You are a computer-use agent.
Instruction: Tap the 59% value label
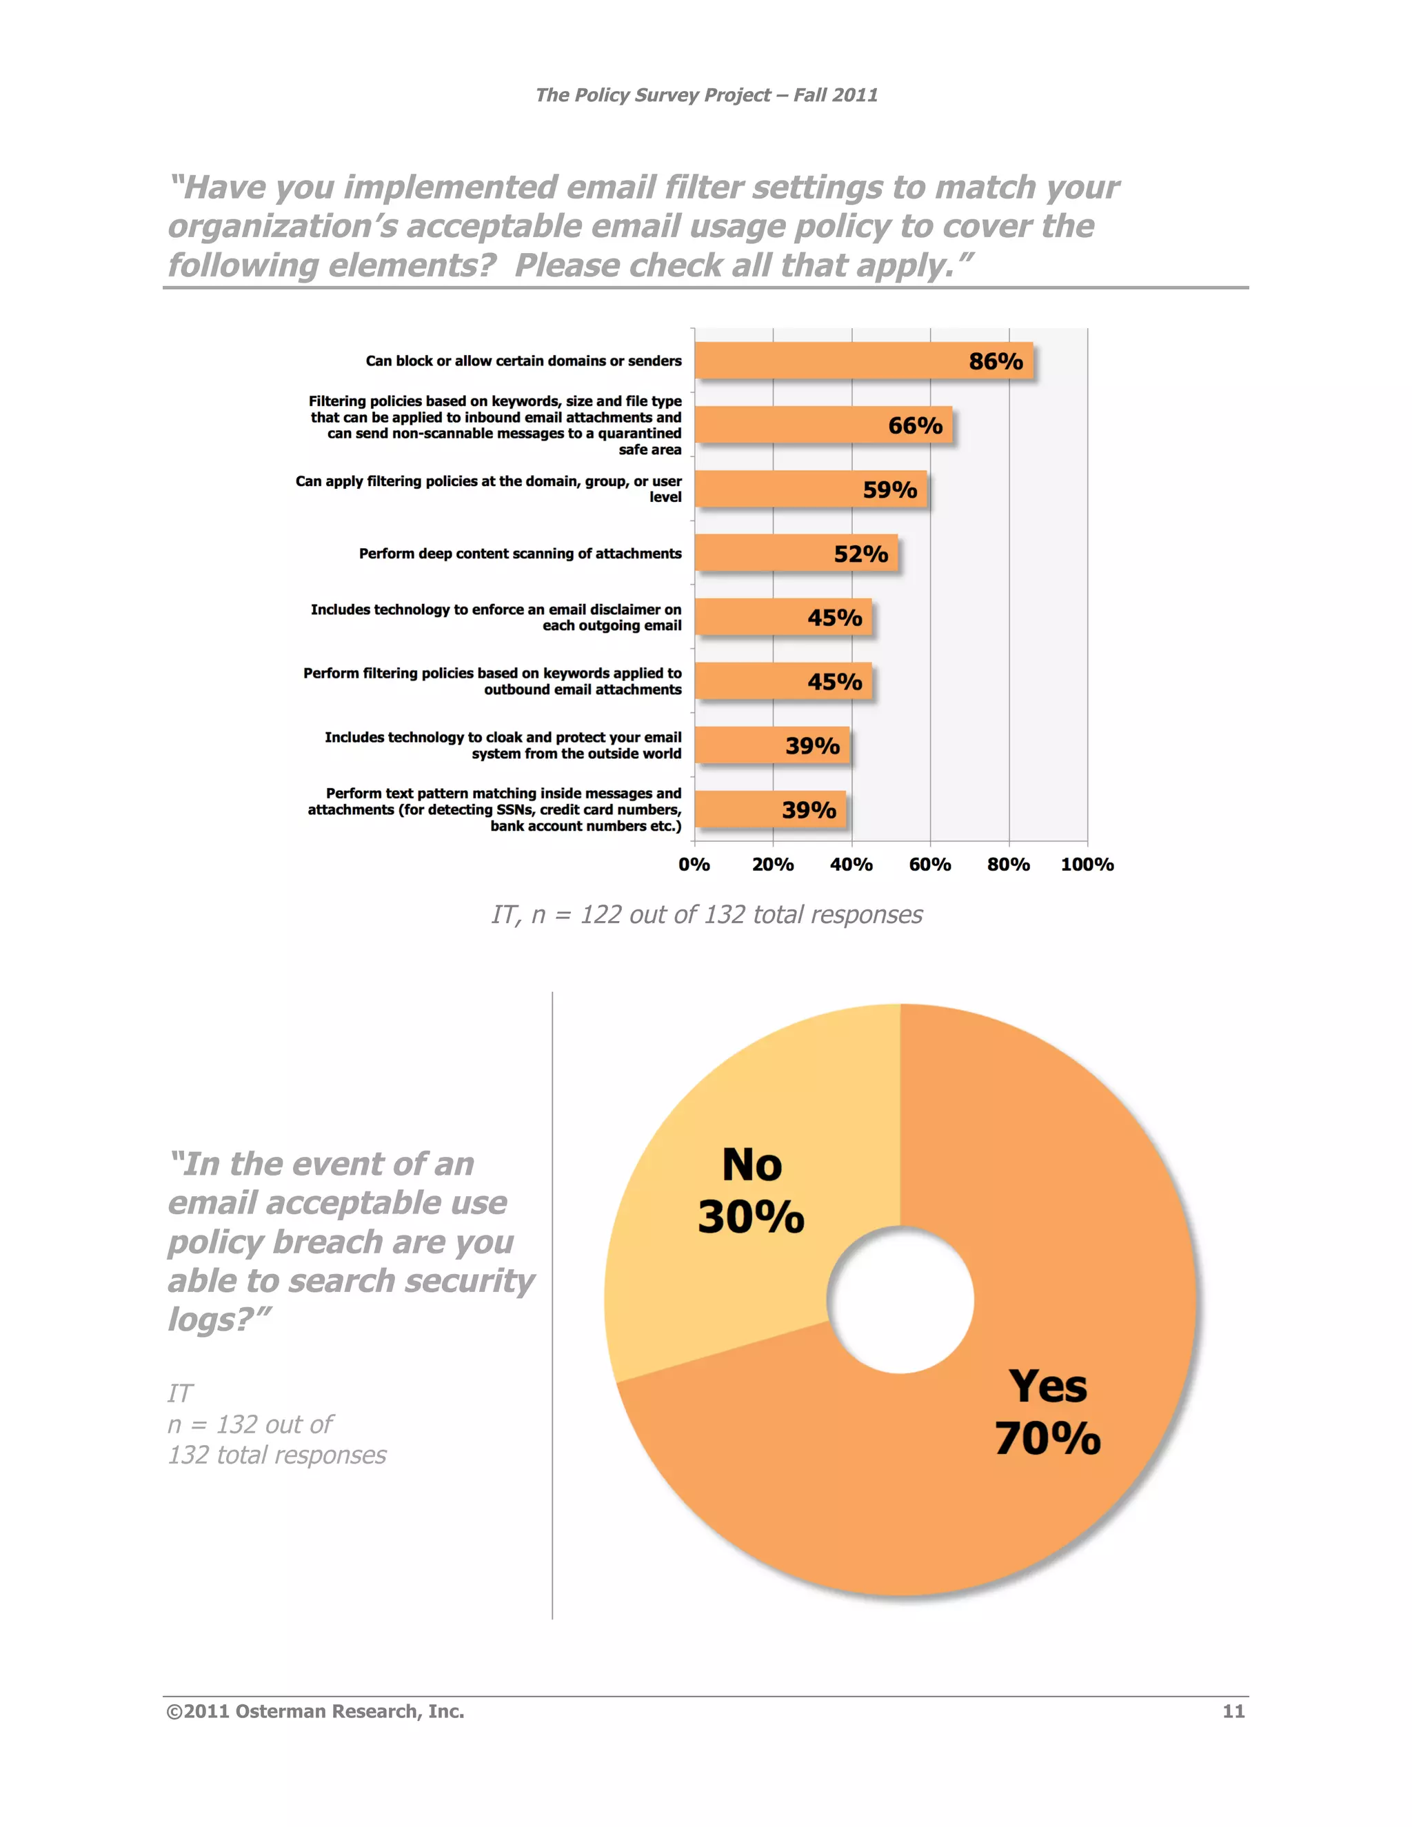tap(890, 489)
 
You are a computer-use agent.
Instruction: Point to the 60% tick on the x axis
tap(930, 864)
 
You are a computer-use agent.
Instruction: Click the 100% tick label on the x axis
tap(1087, 864)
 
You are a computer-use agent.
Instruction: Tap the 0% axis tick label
tap(694, 864)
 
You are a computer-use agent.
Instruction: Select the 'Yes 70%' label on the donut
tap(1048, 1412)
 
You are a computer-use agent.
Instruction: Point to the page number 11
tap(1233, 1712)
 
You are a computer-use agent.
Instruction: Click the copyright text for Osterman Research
tap(315, 1712)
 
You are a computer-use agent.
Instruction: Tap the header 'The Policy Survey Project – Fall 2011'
tap(707, 95)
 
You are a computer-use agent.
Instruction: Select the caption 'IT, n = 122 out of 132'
tap(707, 914)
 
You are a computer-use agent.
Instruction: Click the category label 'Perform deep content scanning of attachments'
tap(521, 554)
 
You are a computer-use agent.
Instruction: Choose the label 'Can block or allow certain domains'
tap(524, 361)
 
